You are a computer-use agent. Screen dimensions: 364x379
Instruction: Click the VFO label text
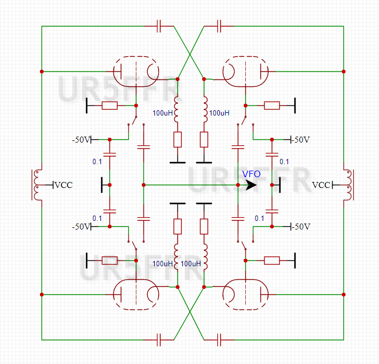click(x=252, y=174)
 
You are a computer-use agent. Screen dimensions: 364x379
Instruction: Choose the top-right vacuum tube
click(x=245, y=71)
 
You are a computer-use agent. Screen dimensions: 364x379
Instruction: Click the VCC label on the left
click(x=64, y=185)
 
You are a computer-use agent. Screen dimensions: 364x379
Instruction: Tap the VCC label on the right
click(x=321, y=185)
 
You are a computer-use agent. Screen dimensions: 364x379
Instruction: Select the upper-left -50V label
click(x=81, y=139)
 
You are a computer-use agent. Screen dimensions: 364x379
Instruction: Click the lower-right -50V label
click(x=301, y=226)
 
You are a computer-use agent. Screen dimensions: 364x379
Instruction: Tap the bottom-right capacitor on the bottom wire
click(x=219, y=339)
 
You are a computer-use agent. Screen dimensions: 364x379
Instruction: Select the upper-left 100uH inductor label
click(x=163, y=113)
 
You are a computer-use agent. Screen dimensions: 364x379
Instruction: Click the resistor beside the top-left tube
click(x=109, y=105)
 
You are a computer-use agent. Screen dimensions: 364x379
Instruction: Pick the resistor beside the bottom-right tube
click(x=272, y=261)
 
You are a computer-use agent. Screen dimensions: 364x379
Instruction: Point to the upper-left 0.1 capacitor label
click(x=97, y=161)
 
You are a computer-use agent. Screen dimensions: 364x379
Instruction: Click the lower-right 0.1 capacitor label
click(x=259, y=218)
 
